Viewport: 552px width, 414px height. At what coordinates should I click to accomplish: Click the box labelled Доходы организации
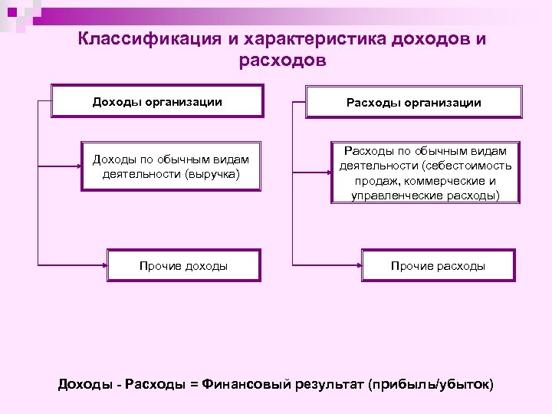(157, 101)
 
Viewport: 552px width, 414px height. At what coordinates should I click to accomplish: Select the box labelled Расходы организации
(414, 102)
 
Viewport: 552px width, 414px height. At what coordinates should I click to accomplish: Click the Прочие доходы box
(183, 266)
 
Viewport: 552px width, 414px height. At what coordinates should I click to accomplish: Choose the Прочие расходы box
(438, 266)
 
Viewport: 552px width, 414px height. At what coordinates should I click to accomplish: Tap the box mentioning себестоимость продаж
(426, 173)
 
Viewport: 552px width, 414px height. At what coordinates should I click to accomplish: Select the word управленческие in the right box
(391, 195)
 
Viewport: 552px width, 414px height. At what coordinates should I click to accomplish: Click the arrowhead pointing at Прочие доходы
(103, 266)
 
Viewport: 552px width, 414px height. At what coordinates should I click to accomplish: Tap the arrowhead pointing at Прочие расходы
(358, 266)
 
